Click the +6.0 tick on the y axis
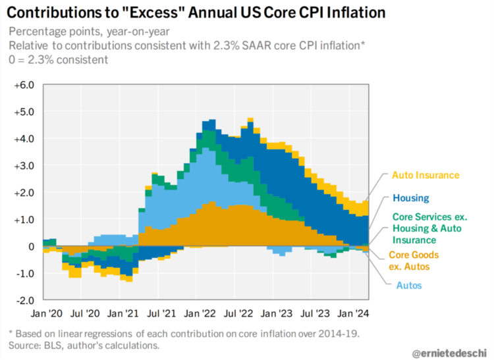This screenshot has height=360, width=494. (24, 86)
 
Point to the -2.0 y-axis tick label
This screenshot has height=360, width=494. (24, 300)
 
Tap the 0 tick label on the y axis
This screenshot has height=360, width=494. (30, 246)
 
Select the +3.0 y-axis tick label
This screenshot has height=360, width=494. (24, 166)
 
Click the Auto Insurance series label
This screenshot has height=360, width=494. (425, 176)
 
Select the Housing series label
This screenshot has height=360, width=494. (410, 198)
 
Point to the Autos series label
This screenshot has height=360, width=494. (409, 286)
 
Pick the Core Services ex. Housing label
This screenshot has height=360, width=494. (425, 227)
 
